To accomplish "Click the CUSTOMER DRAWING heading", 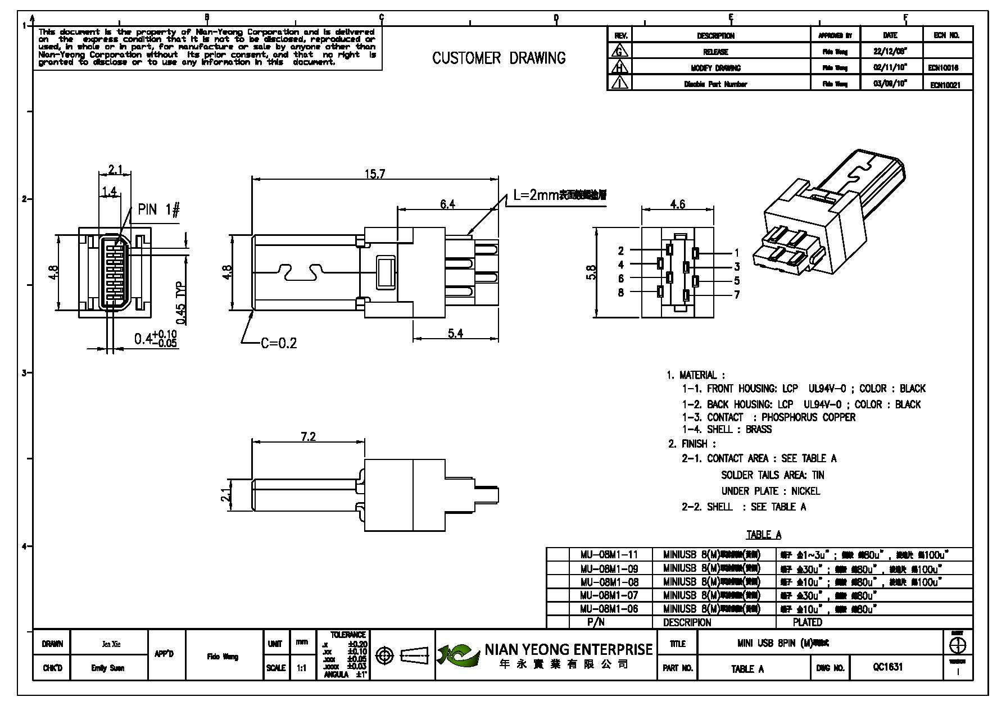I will coord(499,58).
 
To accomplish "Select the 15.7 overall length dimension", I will coord(375,174).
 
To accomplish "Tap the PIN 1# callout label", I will coord(158,211).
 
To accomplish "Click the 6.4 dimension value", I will coord(447,204).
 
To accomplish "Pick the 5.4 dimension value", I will coord(455,334).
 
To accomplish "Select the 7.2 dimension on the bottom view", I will coord(308,436).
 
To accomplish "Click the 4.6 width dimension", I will coord(678,204).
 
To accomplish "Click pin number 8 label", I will coord(620,292).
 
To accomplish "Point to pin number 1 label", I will coord(737,253).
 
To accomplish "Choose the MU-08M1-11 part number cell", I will coord(609,555).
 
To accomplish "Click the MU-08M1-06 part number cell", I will coord(609,609).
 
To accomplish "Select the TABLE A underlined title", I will coord(763,535).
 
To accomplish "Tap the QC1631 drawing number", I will coord(888,667).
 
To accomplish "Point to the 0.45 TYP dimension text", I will coord(182,303).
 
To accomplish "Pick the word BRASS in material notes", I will coord(759,430).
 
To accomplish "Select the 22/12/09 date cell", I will coord(890,52).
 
